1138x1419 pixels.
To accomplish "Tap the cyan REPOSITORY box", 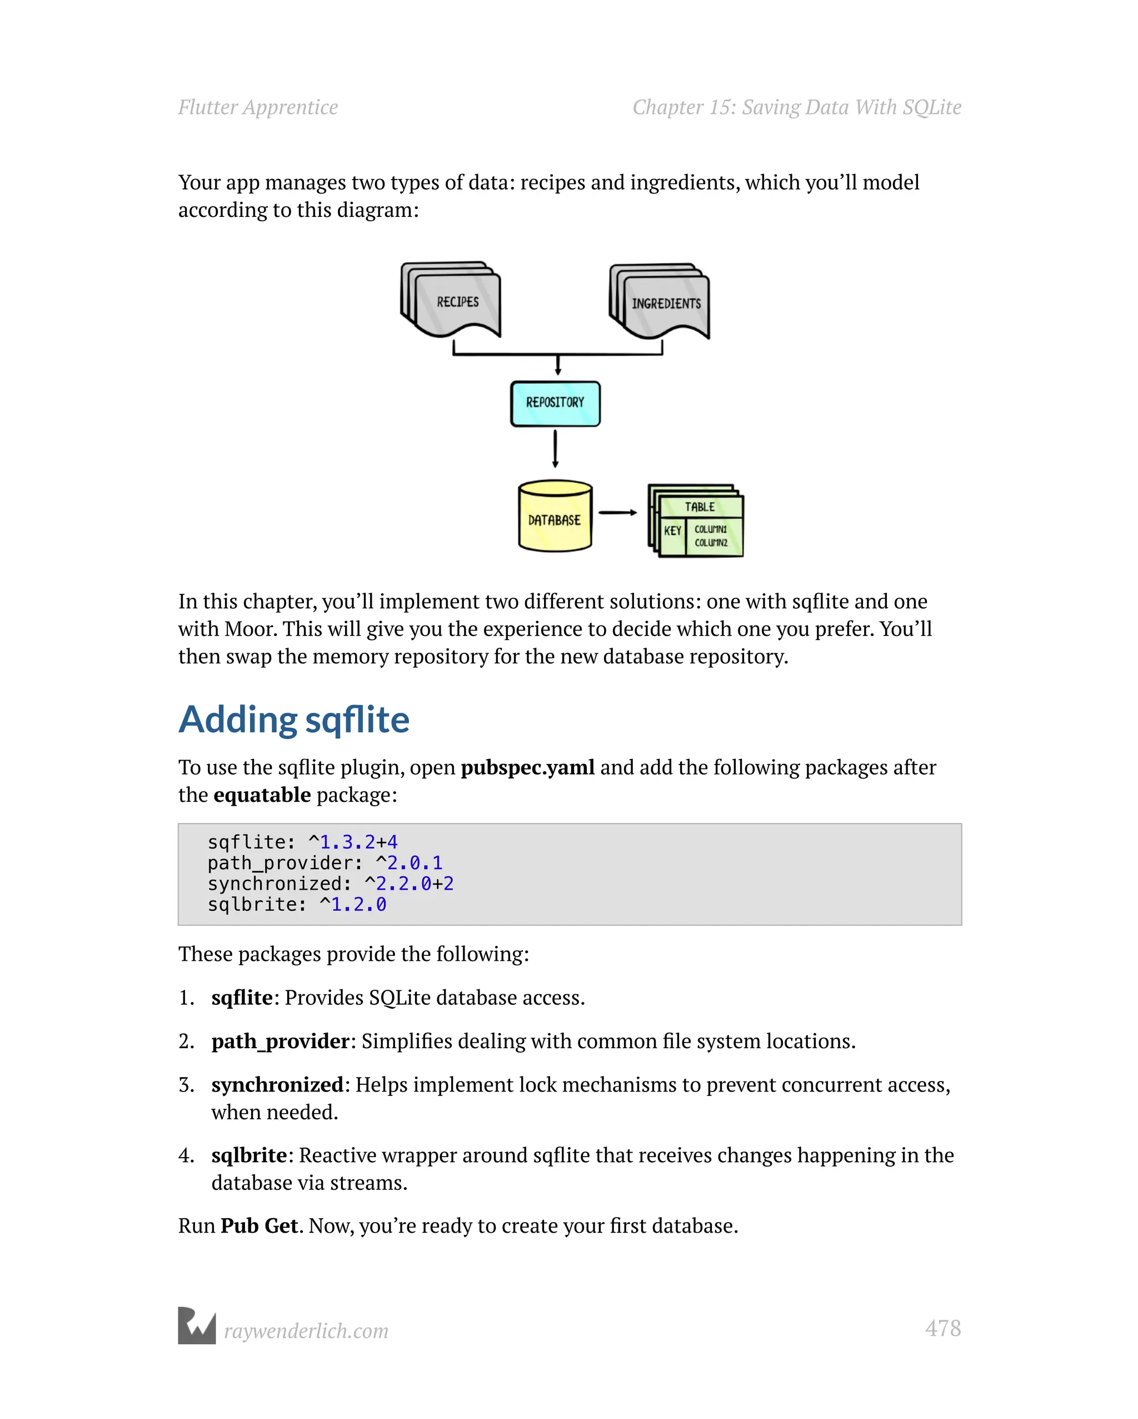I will [x=555, y=403].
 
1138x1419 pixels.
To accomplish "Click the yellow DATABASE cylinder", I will [x=555, y=519].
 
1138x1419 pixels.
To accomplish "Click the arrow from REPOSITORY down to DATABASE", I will [x=555, y=448].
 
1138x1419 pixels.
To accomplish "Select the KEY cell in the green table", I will [x=672, y=530].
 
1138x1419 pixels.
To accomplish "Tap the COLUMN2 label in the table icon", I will [x=711, y=543].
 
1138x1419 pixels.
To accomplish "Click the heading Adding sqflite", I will [x=294, y=720].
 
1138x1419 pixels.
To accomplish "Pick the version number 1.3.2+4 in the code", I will [x=358, y=842].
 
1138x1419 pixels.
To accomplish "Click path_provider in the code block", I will [x=280, y=863].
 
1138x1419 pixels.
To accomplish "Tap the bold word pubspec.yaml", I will [x=527, y=767].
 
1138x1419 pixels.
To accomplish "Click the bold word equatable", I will [x=262, y=795].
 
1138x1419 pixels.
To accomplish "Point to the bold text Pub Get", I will [x=259, y=1225].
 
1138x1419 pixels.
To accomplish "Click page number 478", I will [x=942, y=1328].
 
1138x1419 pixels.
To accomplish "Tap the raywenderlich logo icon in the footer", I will [x=197, y=1326].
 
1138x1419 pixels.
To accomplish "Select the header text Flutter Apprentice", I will [x=258, y=107].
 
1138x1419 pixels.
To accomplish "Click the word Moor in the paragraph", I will [x=251, y=629].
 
